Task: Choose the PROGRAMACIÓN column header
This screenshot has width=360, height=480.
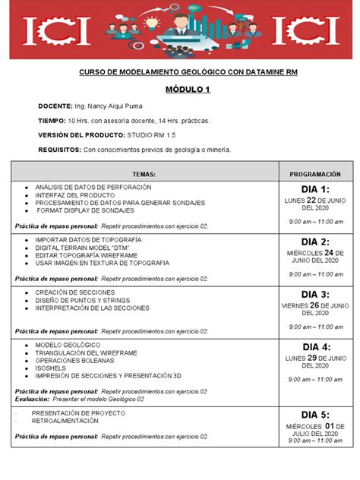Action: pyautogui.click(x=315, y=174)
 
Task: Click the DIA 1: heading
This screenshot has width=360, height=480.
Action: pyautogui.click(x=315, y=189)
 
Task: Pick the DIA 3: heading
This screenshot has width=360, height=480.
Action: pyautogui.click(x=315, y=295)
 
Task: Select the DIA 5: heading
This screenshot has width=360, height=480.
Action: pyautogui.click(x=315, y=415)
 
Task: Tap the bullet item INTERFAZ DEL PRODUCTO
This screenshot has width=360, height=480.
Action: pyautogui.click(x=71, y=195)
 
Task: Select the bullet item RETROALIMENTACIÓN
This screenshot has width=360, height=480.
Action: pyautogui.click(x=65, y=421)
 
